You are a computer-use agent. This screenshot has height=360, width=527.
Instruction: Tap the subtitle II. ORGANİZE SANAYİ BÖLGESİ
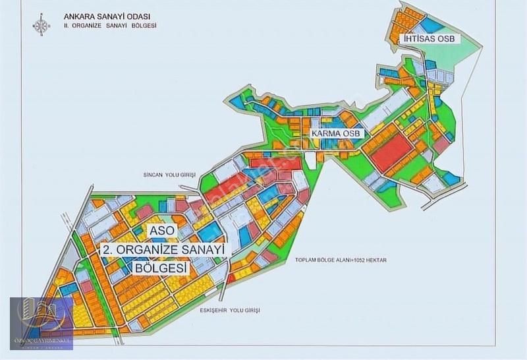[x=110, y=26]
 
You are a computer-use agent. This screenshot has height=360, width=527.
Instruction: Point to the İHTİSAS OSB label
[x=429, y=39]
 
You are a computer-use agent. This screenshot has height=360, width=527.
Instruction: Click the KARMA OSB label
[x=337, y=134]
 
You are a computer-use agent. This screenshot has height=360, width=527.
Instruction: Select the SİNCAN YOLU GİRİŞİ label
[x=170, y=175]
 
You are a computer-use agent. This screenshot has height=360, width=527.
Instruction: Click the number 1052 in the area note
[x=349, y=260]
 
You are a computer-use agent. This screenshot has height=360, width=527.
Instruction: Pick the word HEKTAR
[x=372, y=260]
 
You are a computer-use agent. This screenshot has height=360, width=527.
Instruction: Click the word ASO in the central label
[x=163, y=232]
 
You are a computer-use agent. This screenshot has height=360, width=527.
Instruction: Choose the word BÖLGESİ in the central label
[x=161, y=269]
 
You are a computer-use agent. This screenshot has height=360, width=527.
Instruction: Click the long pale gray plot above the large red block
[x=389, y=111]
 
